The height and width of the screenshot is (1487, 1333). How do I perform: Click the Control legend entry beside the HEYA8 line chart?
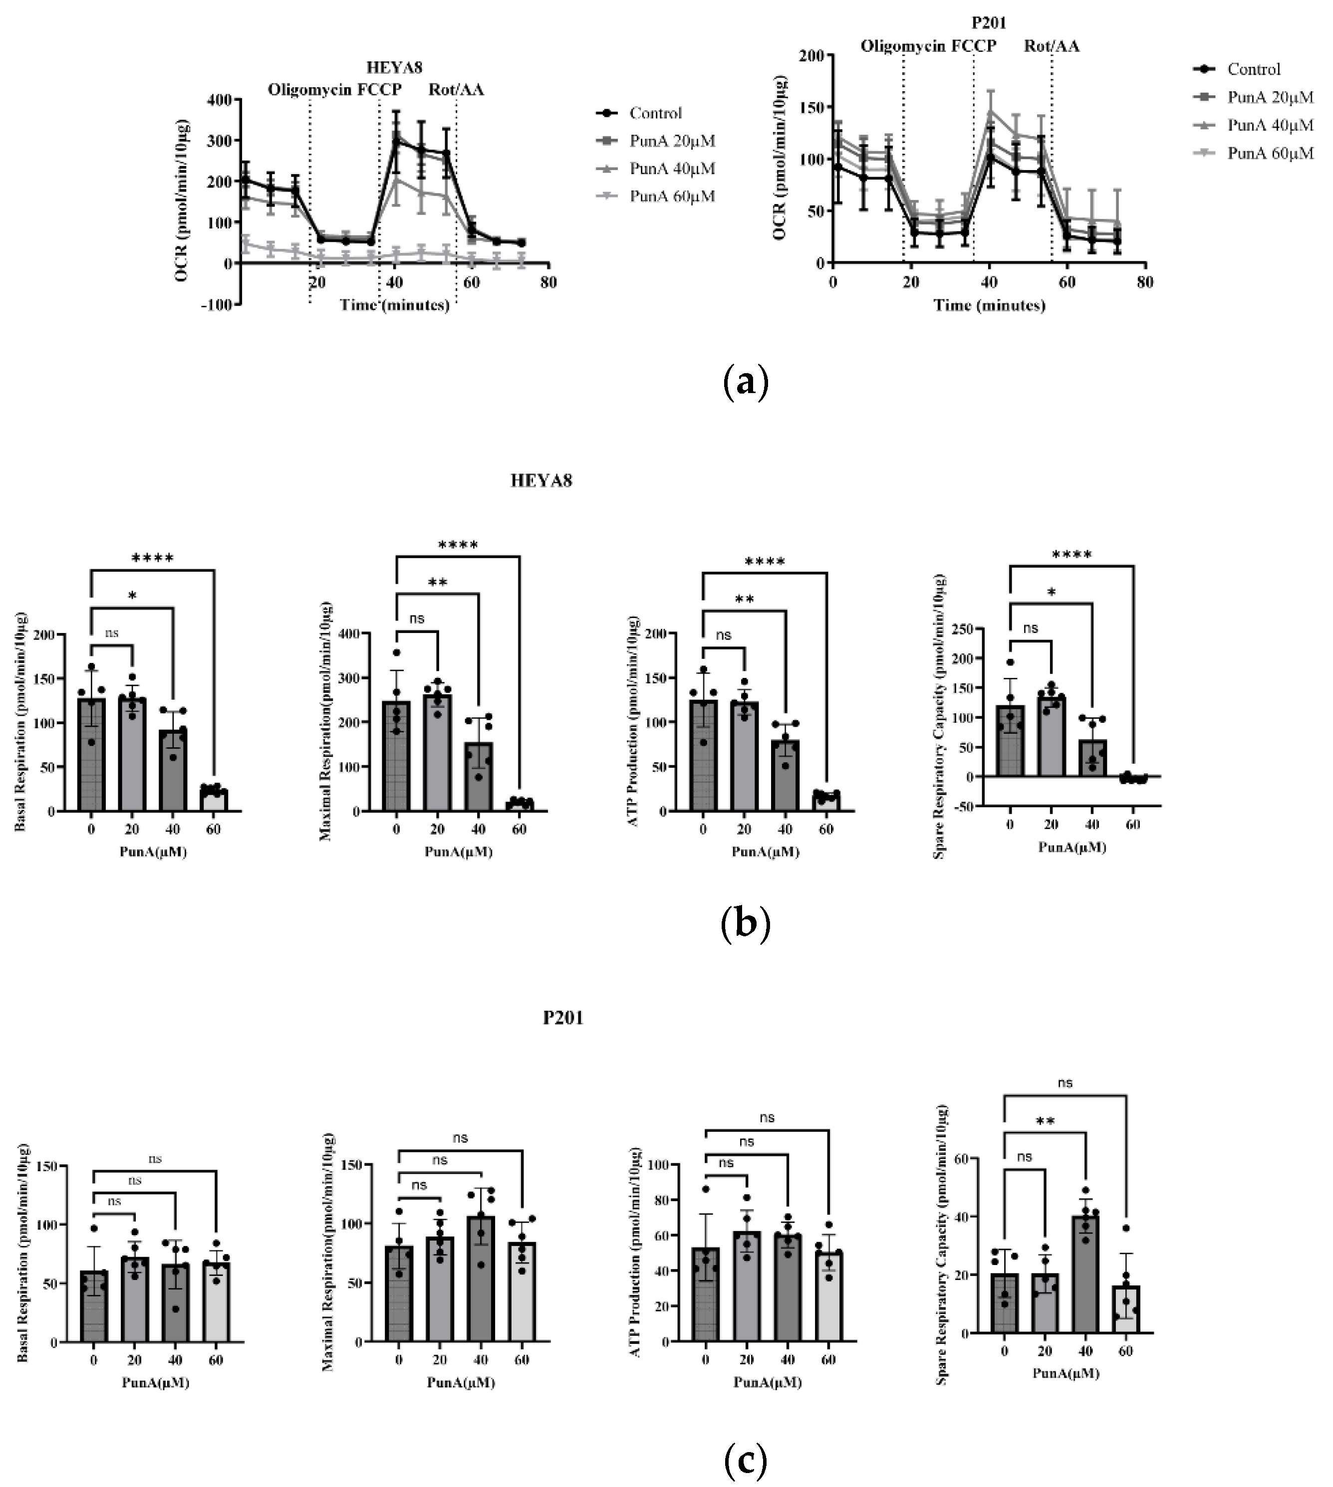click(655, 113)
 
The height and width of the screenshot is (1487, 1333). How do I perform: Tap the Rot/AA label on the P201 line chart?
click(1051, 46)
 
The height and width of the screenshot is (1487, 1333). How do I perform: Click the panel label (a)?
click(745, 382)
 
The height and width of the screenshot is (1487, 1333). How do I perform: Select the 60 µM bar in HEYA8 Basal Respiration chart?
click(214, 800)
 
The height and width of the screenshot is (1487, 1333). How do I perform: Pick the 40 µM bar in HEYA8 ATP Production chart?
click(785, 776)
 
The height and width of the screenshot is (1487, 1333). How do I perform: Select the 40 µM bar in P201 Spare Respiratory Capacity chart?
click(1085, 1275)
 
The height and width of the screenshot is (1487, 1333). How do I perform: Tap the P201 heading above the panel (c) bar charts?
click(562, 1018)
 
